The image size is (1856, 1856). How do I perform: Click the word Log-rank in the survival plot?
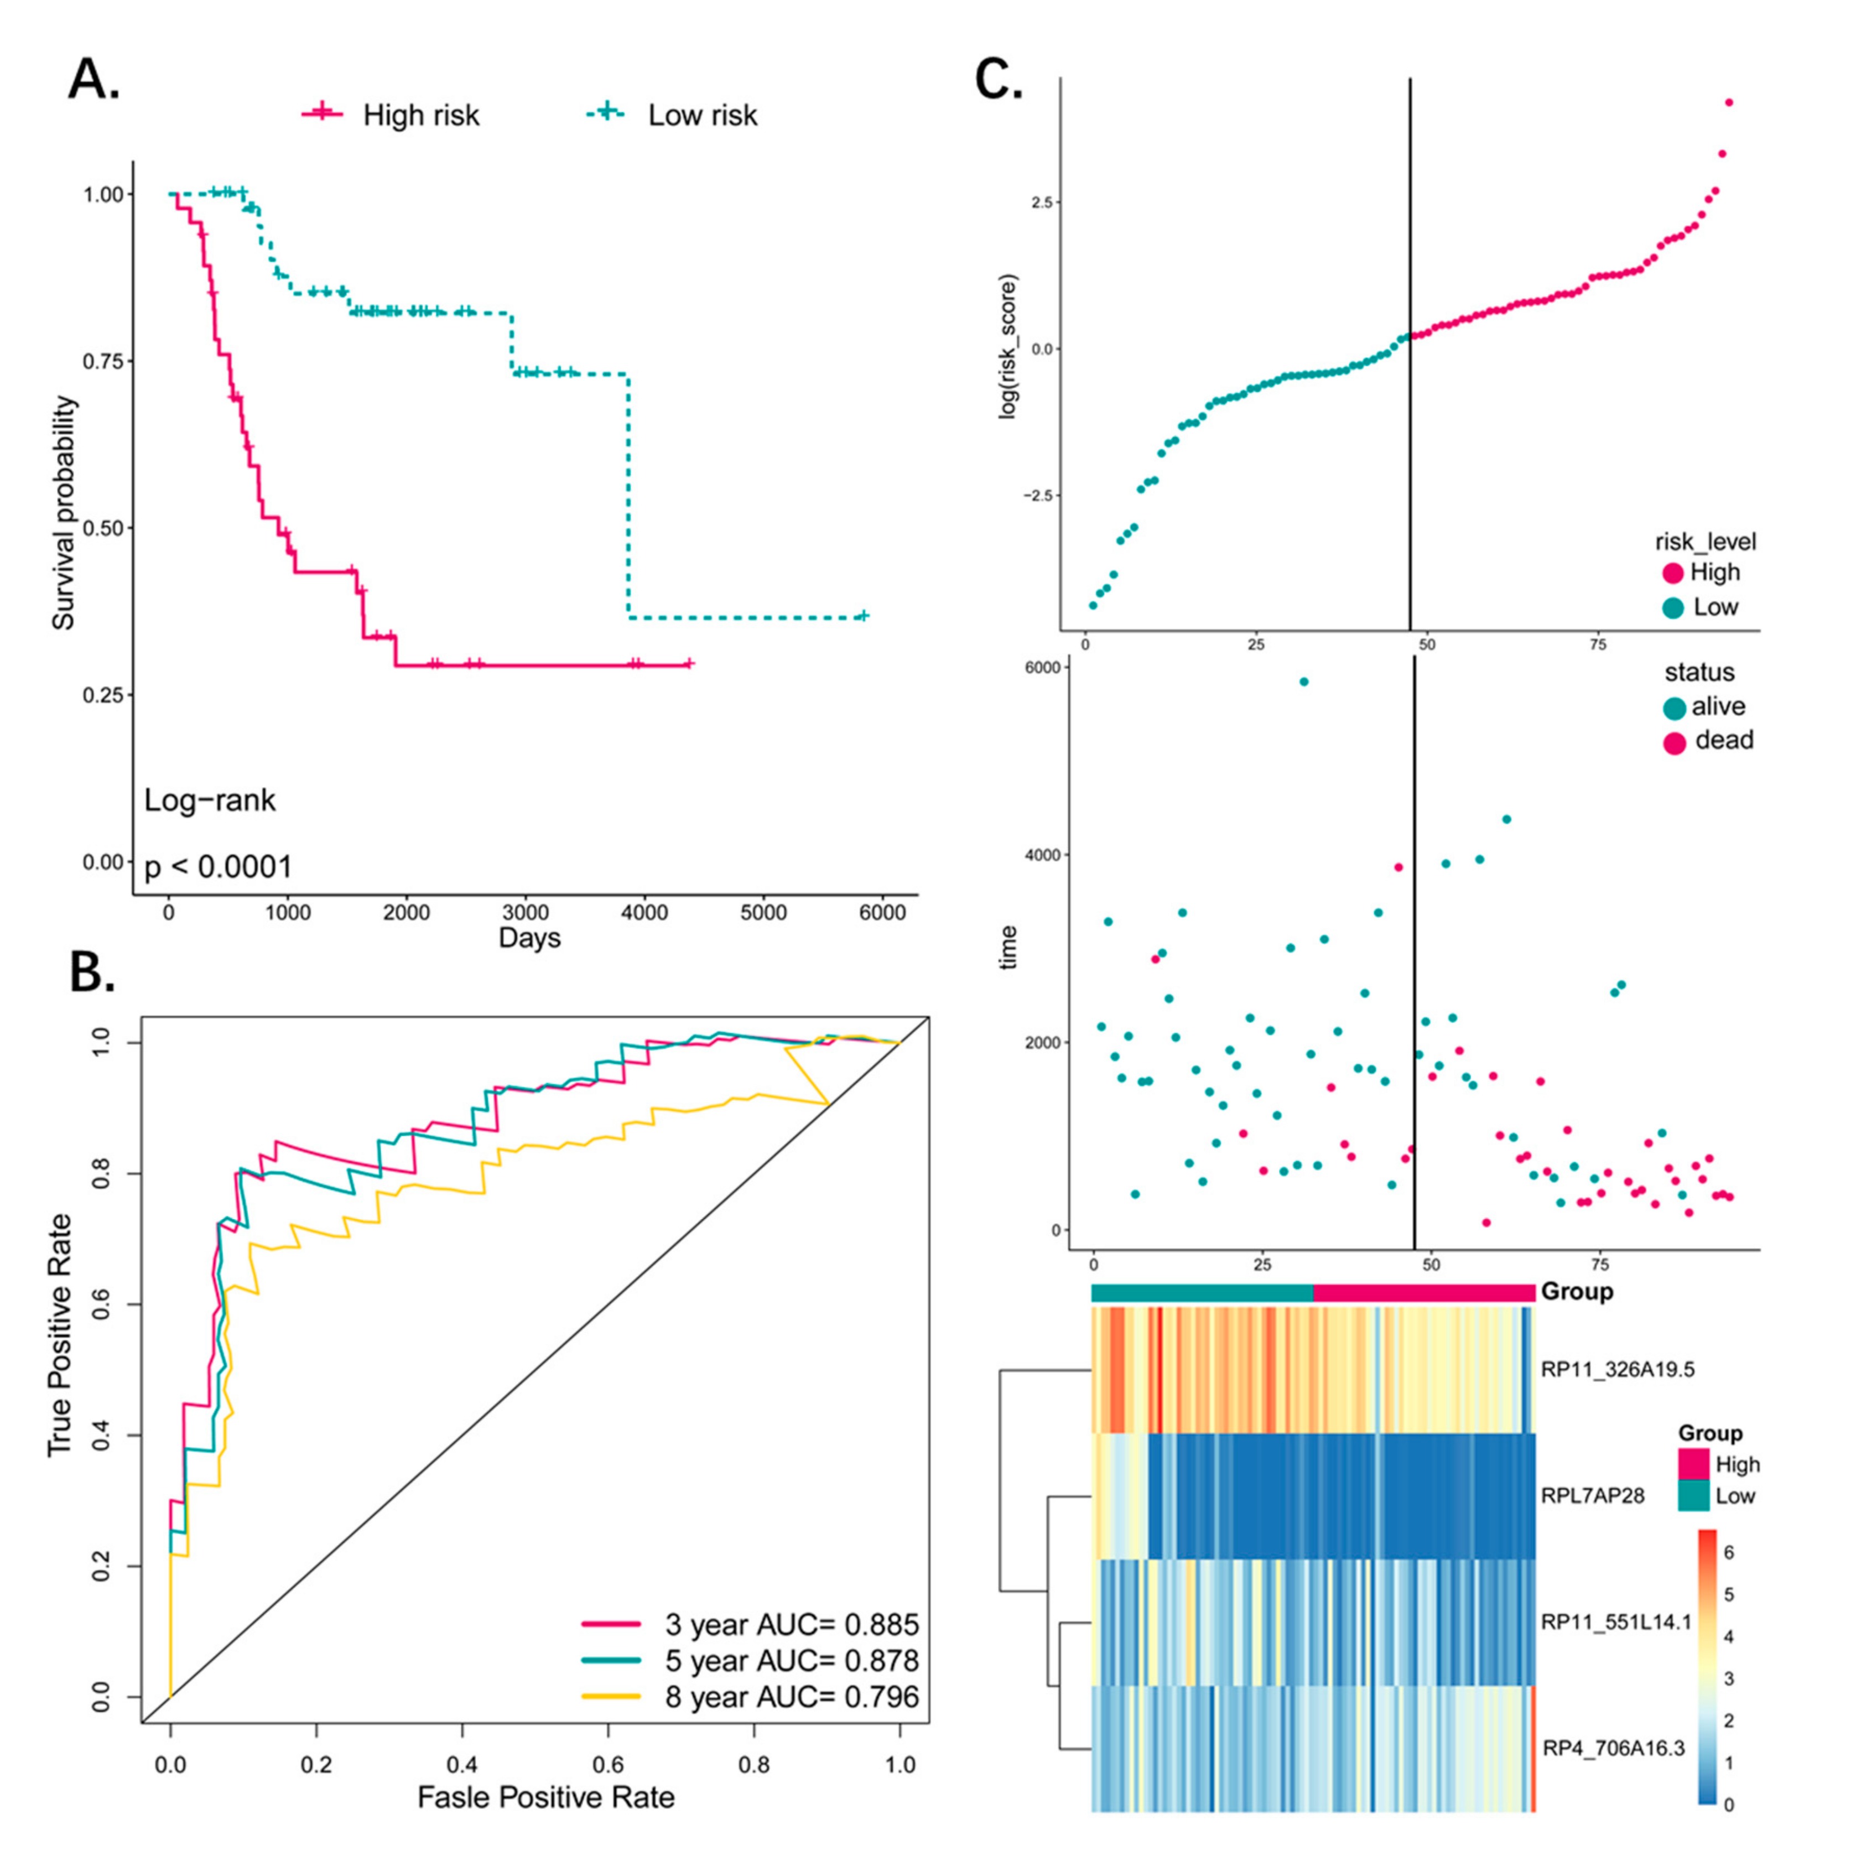click(x=210, y=800)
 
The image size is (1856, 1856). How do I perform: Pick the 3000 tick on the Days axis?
click(x=526, y=913)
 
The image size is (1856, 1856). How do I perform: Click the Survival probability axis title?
click(x=64, y=513)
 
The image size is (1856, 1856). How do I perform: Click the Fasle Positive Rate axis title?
click(x=545, y=1797)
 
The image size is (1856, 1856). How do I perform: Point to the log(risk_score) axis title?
click(x=1008, y=346)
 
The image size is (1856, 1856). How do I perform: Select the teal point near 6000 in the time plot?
click(x=1303, y=682)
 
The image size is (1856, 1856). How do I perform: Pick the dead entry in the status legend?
click(x=1712, y=741)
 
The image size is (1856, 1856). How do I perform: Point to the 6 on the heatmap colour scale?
click(x=1729, y=1553)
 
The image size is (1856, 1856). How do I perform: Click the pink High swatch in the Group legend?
click(x=1694, y=1464)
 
